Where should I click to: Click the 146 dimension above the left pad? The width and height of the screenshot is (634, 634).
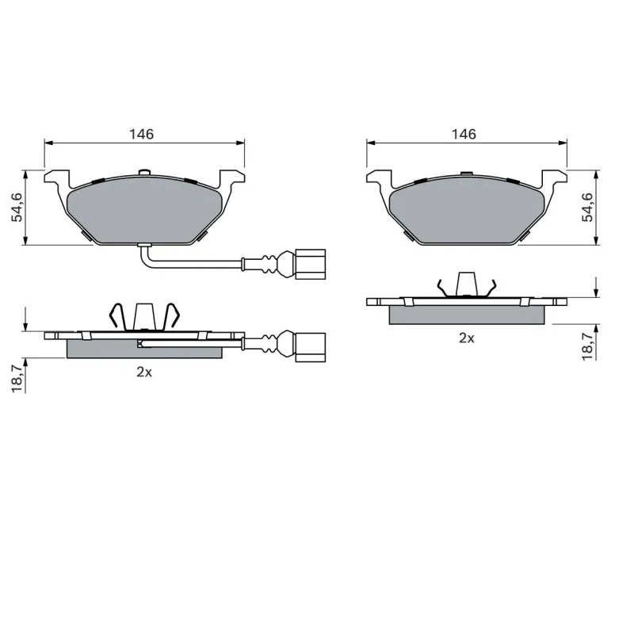142,134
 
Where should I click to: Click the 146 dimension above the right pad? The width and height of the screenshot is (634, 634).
464,134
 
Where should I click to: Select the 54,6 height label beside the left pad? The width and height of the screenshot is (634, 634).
17,208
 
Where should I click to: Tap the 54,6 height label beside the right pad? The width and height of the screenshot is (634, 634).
587,208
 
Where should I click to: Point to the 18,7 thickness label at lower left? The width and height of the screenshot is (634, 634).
17,379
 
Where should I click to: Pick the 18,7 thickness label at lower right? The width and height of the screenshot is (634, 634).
587,346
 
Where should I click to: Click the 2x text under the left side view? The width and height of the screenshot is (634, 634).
144,372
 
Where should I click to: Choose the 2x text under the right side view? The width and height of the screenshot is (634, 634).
466,338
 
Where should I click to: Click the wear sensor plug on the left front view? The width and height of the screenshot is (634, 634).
311,264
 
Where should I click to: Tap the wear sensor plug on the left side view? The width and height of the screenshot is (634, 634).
311,347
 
